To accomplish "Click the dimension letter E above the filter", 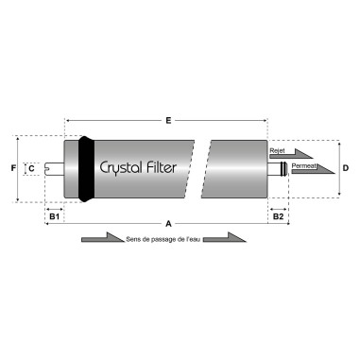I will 166,121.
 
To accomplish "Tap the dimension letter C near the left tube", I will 31,168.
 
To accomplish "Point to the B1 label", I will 55,215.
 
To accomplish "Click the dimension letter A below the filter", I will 167,224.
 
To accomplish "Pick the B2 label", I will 278,215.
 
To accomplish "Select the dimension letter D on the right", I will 346,168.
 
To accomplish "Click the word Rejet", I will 278,149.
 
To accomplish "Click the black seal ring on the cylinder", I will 87,168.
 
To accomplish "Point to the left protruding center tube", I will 55,169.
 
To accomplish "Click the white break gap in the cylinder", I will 204,168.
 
